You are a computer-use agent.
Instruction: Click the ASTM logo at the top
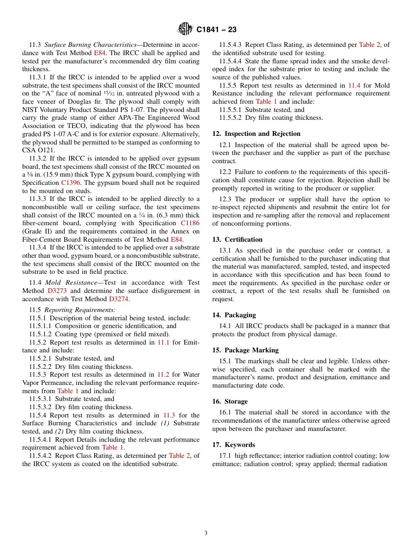(x=185, y=30)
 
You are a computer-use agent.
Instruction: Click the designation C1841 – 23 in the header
(x=216, y=30)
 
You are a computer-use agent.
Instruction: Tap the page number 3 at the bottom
(x=206, y=533)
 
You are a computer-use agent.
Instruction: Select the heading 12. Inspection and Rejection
(x=256, y=134)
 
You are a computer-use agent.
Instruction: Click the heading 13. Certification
(x=237, y=240)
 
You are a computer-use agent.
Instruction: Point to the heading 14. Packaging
(x=234, y=315)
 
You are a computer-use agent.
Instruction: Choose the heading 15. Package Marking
(x=245, y=350)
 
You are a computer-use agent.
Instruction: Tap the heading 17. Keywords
(x=234, y=445)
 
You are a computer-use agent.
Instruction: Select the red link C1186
(x=190, y=223)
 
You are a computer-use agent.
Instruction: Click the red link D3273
(x=58, y=291)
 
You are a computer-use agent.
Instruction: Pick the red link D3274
(x=119, y=299)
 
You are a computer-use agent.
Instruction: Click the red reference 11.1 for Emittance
(x=163, y=342)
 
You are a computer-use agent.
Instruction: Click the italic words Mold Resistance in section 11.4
(x=71, y=283)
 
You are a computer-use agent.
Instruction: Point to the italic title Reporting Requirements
(x=80, y=310)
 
